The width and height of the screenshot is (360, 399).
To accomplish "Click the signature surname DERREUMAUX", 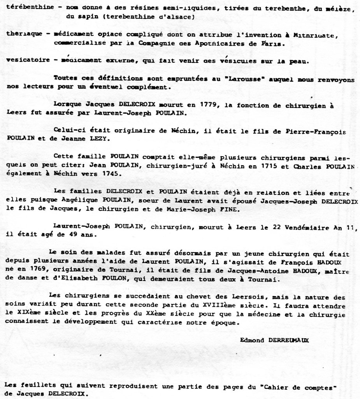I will [x=288, y=340].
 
